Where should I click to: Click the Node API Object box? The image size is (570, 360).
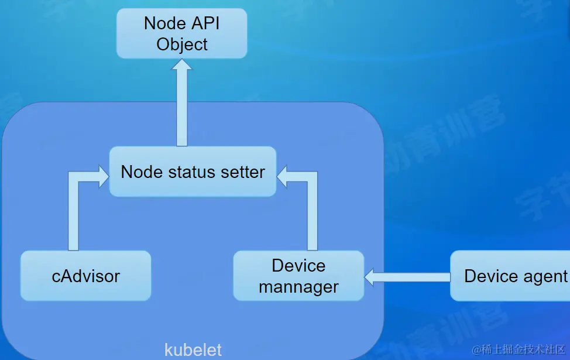pyautogui.click(x=181, y=33)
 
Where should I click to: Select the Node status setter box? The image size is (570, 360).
pyautogui.click(x=193, y=172)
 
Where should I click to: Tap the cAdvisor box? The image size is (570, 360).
pyautogui.click(x=85, y=276)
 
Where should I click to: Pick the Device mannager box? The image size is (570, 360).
pyautogui.click(x=298, y=276)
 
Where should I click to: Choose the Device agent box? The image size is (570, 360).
pyautogui.click(x=510, y=276)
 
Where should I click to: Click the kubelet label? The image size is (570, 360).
pyautogui.click(x=193, y=350)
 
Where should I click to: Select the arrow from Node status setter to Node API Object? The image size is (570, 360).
pyautogui.click(x=182, y=102)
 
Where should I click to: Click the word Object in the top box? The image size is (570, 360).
pyautogui.click(x=182, y=44)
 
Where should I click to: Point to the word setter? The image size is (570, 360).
pyautogui.click(x=242, y=172)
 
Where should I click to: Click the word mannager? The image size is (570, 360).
pyautogui.click(x=298, y=287)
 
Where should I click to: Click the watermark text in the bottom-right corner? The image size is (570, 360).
pyautogui.click(x=518, y=349)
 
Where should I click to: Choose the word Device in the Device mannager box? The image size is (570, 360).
pyautogui.click(x=298, y=265)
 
